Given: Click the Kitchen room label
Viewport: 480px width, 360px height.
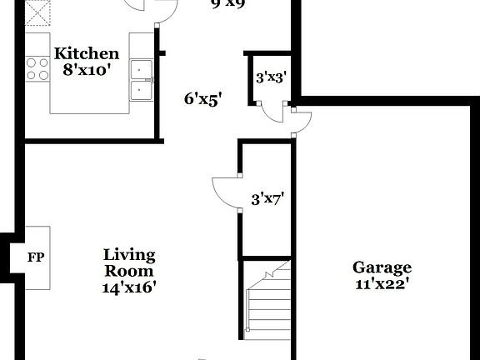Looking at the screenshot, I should coord(81,54).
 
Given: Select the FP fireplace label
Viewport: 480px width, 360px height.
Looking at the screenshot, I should coord(36,257).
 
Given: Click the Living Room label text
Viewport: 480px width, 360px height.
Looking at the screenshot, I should coord(129,262).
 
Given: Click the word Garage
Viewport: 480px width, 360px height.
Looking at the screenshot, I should coord(382,267).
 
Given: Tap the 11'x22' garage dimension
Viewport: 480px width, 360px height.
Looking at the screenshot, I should coord(382,283).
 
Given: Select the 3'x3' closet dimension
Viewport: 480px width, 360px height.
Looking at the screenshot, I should coord(272,77).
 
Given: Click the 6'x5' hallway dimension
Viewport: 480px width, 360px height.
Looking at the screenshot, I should coord(202,98).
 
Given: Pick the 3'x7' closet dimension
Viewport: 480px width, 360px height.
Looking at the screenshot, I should coord(267,199).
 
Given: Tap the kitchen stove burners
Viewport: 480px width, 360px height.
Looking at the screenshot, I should coord(36,67).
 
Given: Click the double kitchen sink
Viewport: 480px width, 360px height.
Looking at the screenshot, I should coord(141,81).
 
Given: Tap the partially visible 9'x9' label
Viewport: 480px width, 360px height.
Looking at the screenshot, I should coord(227,4).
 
